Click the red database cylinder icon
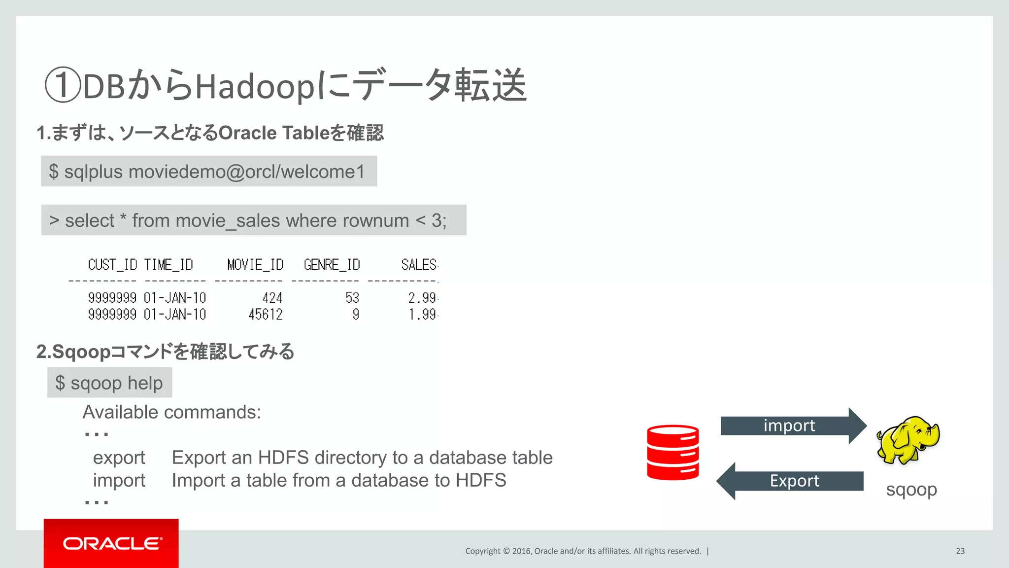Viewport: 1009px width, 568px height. point(673,452)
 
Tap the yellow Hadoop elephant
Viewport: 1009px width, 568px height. point(908,440)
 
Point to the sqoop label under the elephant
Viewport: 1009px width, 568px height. point(911,490)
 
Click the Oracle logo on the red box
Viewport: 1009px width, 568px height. point(112,543)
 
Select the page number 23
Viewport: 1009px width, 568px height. point(960,551)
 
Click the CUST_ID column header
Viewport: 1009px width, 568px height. point(112,265)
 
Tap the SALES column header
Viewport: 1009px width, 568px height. point(418,265)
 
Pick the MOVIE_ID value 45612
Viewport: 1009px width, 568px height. point(265,315)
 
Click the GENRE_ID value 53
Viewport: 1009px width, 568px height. point(352,298)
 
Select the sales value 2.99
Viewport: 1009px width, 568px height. point(422,298)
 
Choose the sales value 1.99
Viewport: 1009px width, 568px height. point(422,315)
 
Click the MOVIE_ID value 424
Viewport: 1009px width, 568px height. point(272,298)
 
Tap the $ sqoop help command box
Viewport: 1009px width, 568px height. point(109,383)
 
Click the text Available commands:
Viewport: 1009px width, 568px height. point(171,412)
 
